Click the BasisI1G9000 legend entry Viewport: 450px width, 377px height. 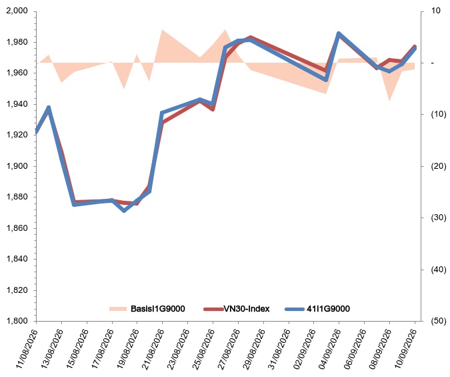pyautogui.click(x=147, y=309)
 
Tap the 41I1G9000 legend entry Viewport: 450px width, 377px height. pyautogui.click(x=318, y=309)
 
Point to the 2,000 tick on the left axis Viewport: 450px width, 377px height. pyautogui.click(x=17, y=11)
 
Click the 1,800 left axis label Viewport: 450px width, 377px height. pyautogui.click(x=17, y=321)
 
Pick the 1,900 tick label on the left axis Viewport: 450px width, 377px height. pyautogui.click(x=17, y=165)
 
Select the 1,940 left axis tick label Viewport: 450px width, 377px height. pyautogui.click(x=17, y=104)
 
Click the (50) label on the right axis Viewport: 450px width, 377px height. pyautogui.click(x=439, y=321)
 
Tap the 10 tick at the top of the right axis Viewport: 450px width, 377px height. pyautogui.click(x=435, y=11)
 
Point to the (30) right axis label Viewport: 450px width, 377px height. pyautogui.click(x=439, y=218)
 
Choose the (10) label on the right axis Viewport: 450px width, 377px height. pyautogui.click(x=439, y=114)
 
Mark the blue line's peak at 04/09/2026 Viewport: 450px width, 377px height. pyautogui.click(x=339, y=34)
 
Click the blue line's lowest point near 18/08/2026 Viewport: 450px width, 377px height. pyautogui.click(x=124, y=211)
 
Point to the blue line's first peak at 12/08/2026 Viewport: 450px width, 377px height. pyautogui.click(x=49, y=107)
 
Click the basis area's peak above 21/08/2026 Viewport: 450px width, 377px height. pyautogui.click(x=163, y=29)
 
